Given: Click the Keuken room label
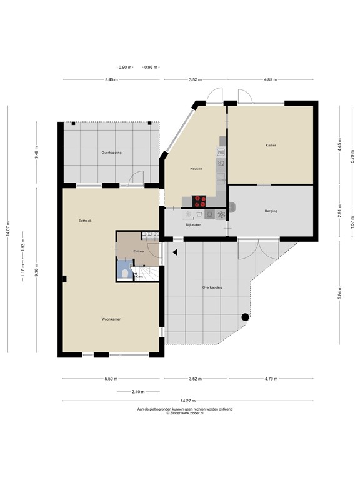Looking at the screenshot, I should click(x=197, y=169).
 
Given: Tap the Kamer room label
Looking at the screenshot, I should click(x=271, y=145).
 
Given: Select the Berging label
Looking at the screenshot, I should click(x=271, y=211).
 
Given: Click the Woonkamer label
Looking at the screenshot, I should click(x=111, y=319).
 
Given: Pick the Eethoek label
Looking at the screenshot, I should click(x=85, y=221).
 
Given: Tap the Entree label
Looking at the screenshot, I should click(x=139, y=251).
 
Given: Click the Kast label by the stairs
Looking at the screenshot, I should click(x=139, y=276).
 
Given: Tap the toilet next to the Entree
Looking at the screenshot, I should click(x=125, y=272).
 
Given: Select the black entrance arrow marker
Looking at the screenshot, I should click(x=176, y=252).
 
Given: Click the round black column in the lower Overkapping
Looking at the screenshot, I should click(x=245, y=317).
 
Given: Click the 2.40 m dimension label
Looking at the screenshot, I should click(x=137, y=392).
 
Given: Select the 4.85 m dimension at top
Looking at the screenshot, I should click(x=270, y=80).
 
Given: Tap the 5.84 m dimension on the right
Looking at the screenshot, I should click(x=340, y=291).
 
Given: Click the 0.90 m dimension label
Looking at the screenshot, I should click(x=125, y=67).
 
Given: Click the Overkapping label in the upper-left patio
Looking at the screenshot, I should click(x=111, y=152).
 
